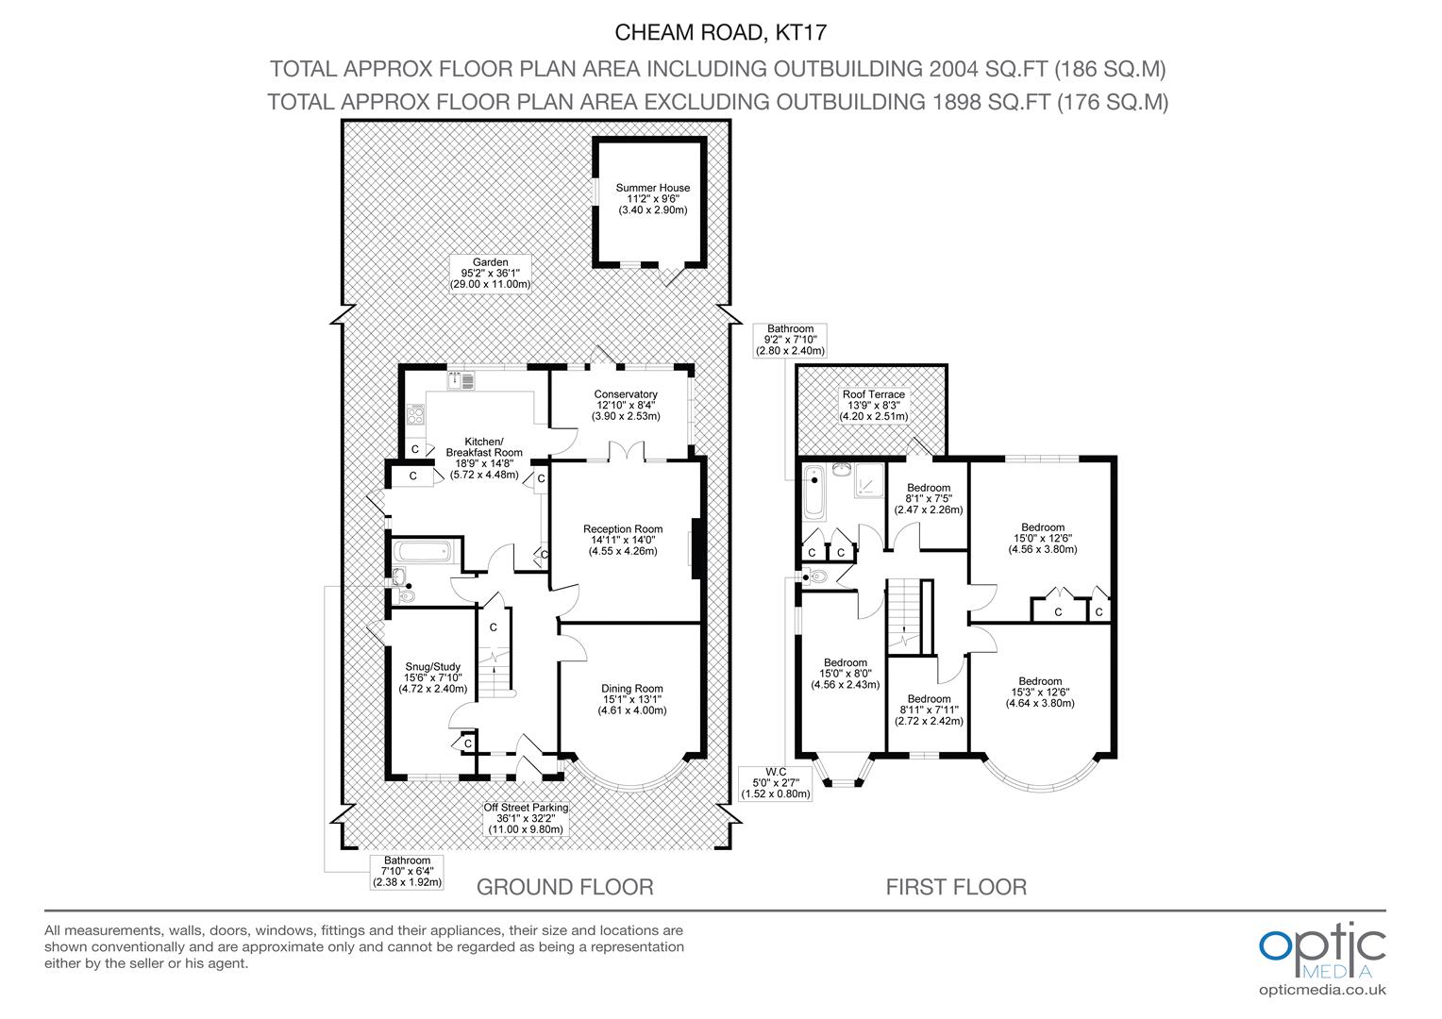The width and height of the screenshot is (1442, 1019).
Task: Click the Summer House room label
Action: [x=653, y=199]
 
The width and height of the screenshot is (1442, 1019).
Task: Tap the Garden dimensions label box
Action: [x=491, y=274]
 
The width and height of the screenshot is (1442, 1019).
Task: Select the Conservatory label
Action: [x=626, y=405]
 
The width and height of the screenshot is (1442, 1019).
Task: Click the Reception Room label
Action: [x=623, y=540]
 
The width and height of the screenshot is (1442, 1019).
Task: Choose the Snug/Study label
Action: [x=432, y=677]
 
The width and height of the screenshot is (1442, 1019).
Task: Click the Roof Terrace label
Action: [x=874, y=406]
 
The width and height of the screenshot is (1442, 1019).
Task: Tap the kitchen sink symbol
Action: [x=461, y=380]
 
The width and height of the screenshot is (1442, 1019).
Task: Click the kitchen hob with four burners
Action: [x=415, y=414]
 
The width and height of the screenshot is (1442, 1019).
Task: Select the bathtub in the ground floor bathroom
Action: [x=422, y=552]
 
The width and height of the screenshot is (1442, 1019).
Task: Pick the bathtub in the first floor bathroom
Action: [x=814, y=493]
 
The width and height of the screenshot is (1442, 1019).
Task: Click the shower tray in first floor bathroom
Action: [x=870, y=481]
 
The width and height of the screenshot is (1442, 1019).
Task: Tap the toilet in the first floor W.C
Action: [x=816, y=576]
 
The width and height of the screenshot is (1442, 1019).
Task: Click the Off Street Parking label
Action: [x=526, y=818]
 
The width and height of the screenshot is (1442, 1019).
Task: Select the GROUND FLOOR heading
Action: [x=564, y=887]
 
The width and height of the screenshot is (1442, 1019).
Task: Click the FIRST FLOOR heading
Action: [x=956, y=887]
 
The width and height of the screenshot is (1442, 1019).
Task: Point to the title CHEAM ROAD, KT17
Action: [x=720, y=32]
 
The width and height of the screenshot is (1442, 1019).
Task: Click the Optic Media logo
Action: [x=1322, y=960]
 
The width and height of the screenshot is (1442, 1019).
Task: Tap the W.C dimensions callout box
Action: [x=775, y=783]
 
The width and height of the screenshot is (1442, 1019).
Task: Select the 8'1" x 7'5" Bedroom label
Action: [x=929, y=499]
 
